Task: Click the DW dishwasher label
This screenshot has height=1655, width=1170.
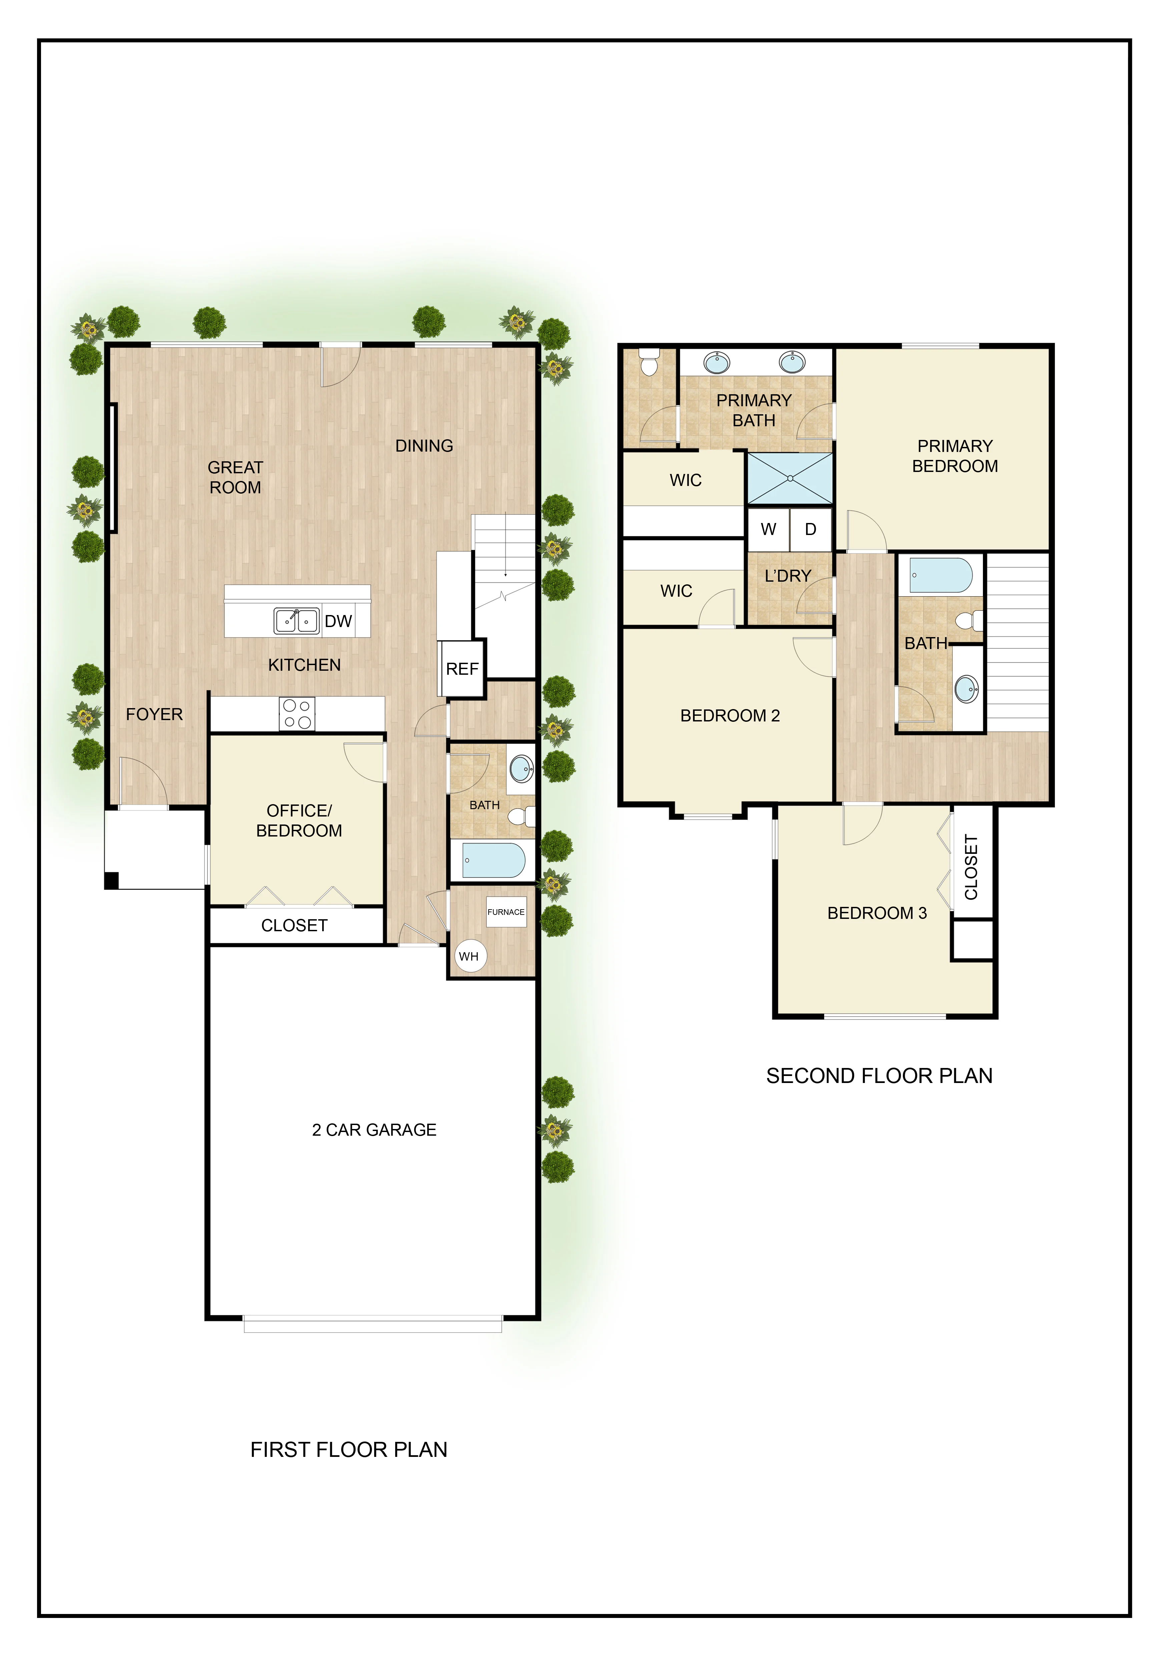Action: click(338, 621)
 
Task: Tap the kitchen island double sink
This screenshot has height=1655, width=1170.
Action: click(296, 621)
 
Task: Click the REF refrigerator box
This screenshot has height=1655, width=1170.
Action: click(462, 669)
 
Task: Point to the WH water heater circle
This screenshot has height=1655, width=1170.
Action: click(469, 957)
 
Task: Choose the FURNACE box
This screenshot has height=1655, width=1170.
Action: click(506, 912)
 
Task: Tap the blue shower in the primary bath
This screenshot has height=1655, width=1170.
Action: click(790, 478)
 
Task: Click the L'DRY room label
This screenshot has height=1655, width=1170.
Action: click(788, 576)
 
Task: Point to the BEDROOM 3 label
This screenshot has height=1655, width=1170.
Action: click(876, 913)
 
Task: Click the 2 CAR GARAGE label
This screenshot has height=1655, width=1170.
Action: click(374, 1130)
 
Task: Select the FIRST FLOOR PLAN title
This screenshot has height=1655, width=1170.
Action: click(349, 1450)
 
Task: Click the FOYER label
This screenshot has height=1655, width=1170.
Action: click(154, 714)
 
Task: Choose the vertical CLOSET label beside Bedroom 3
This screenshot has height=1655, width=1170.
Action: click(971, 867)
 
